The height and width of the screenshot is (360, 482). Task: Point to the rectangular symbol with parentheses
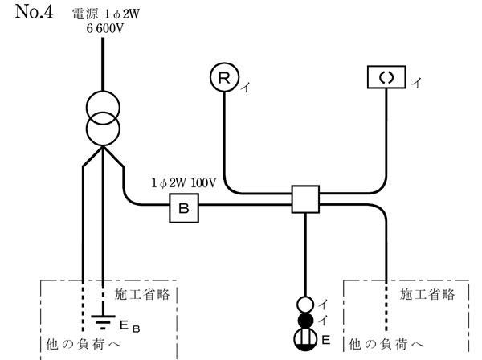point(387,78)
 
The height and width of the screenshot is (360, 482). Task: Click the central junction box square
point(305,198)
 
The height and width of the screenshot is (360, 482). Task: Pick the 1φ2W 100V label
point(183,183)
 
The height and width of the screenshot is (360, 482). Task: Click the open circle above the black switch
point(305,305)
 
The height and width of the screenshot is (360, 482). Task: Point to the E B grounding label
point(131,328)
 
